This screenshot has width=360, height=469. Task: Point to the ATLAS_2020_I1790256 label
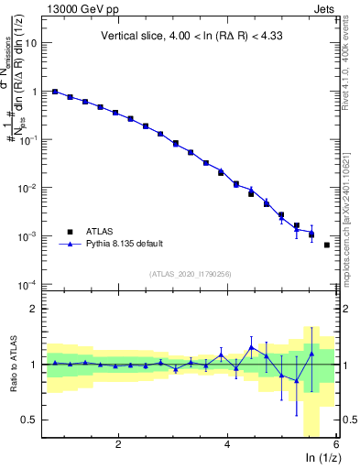click(191, 274)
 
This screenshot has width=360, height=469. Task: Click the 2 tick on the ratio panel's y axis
click(37, 309)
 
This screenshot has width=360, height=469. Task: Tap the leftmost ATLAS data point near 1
click(55, 92)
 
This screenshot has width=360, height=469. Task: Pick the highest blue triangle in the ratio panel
click(252, 347)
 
